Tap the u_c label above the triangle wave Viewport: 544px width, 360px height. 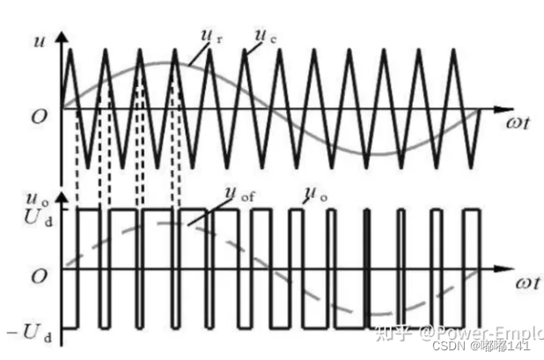pos(262,38)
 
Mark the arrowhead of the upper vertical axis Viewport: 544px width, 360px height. pos(62,39)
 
